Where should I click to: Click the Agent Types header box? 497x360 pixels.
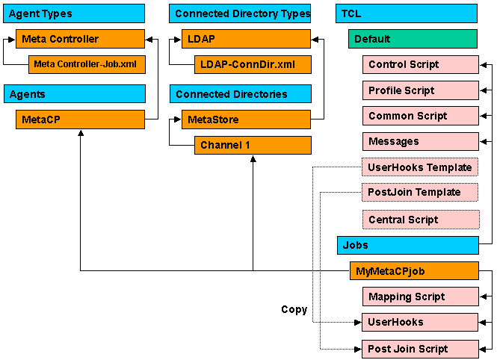74,13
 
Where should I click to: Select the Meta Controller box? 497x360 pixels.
80,39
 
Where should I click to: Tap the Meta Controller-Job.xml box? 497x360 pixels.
86,65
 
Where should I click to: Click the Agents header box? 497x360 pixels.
74,94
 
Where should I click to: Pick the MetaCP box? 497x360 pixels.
80,120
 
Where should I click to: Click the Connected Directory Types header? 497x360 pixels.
240,13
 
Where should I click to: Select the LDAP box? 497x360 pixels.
246,39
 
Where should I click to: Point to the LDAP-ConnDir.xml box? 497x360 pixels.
252,65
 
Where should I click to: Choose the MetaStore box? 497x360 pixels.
246,120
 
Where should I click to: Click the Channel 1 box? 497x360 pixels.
252,145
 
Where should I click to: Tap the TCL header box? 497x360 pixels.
406,13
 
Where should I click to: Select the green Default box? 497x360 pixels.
413,39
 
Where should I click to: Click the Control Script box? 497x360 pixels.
420,65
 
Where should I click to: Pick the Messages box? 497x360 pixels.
420,141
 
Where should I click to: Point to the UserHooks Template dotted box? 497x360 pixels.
420,167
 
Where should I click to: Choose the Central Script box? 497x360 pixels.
420,220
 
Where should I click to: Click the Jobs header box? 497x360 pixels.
407,245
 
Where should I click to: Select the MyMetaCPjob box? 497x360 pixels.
413,270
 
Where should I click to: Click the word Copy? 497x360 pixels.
294,309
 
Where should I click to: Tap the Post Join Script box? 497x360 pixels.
420,349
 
